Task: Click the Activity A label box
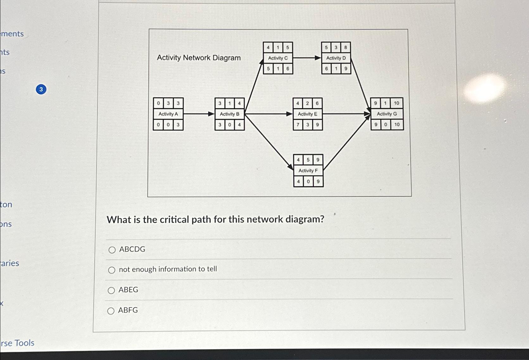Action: (168, 114)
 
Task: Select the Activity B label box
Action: (230, 114)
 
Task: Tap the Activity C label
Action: (278, 58)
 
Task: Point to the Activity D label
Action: (336, 58)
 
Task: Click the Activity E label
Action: (307, 114)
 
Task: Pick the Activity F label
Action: (308, 171)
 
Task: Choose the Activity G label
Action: (387, 114)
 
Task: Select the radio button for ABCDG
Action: (112, 250)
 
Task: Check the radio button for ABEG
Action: (111, 290)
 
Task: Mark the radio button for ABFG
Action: (111, 311)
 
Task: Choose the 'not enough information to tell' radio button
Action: (111, 270)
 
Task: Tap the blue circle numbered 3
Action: (41, 90)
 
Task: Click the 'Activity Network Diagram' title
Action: (199, 58)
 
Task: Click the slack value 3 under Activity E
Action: (307, 125)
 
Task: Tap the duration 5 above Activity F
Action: (308, 160)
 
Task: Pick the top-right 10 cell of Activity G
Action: (396, 103)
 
